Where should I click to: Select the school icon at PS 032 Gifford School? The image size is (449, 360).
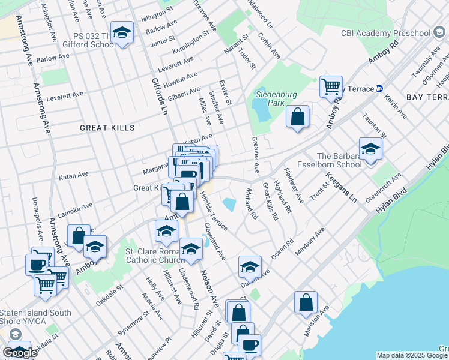(x=123, y=35)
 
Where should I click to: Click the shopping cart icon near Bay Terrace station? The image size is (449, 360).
(x=331, y=87)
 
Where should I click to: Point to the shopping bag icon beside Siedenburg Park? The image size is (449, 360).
(x=297, y=116)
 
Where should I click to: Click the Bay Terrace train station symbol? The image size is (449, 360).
(x=379, y=89)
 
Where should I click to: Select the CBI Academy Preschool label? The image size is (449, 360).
(x=386, y=33)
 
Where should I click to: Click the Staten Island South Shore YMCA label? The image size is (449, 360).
(x=36, y=317)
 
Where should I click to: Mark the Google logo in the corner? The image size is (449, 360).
(x=20, y=353)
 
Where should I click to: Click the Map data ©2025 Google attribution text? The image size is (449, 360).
(x=412, y=355)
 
